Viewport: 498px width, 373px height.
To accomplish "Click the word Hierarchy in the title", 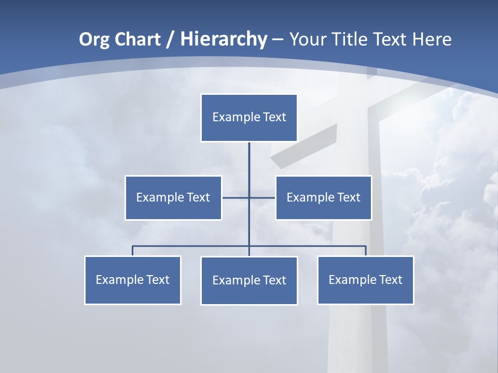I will [224, 39].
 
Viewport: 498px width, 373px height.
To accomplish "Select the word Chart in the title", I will [139, 39].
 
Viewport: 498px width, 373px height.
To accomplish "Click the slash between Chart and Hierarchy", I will [170, 40].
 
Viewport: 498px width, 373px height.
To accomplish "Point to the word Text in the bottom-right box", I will [391, 280].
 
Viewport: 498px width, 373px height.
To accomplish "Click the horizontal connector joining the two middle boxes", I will [236, 197].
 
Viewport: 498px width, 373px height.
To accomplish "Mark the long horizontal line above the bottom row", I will [192, 246].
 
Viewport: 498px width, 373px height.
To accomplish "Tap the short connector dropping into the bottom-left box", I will [132, 251].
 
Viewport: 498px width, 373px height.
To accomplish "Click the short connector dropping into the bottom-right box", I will [366, 251].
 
